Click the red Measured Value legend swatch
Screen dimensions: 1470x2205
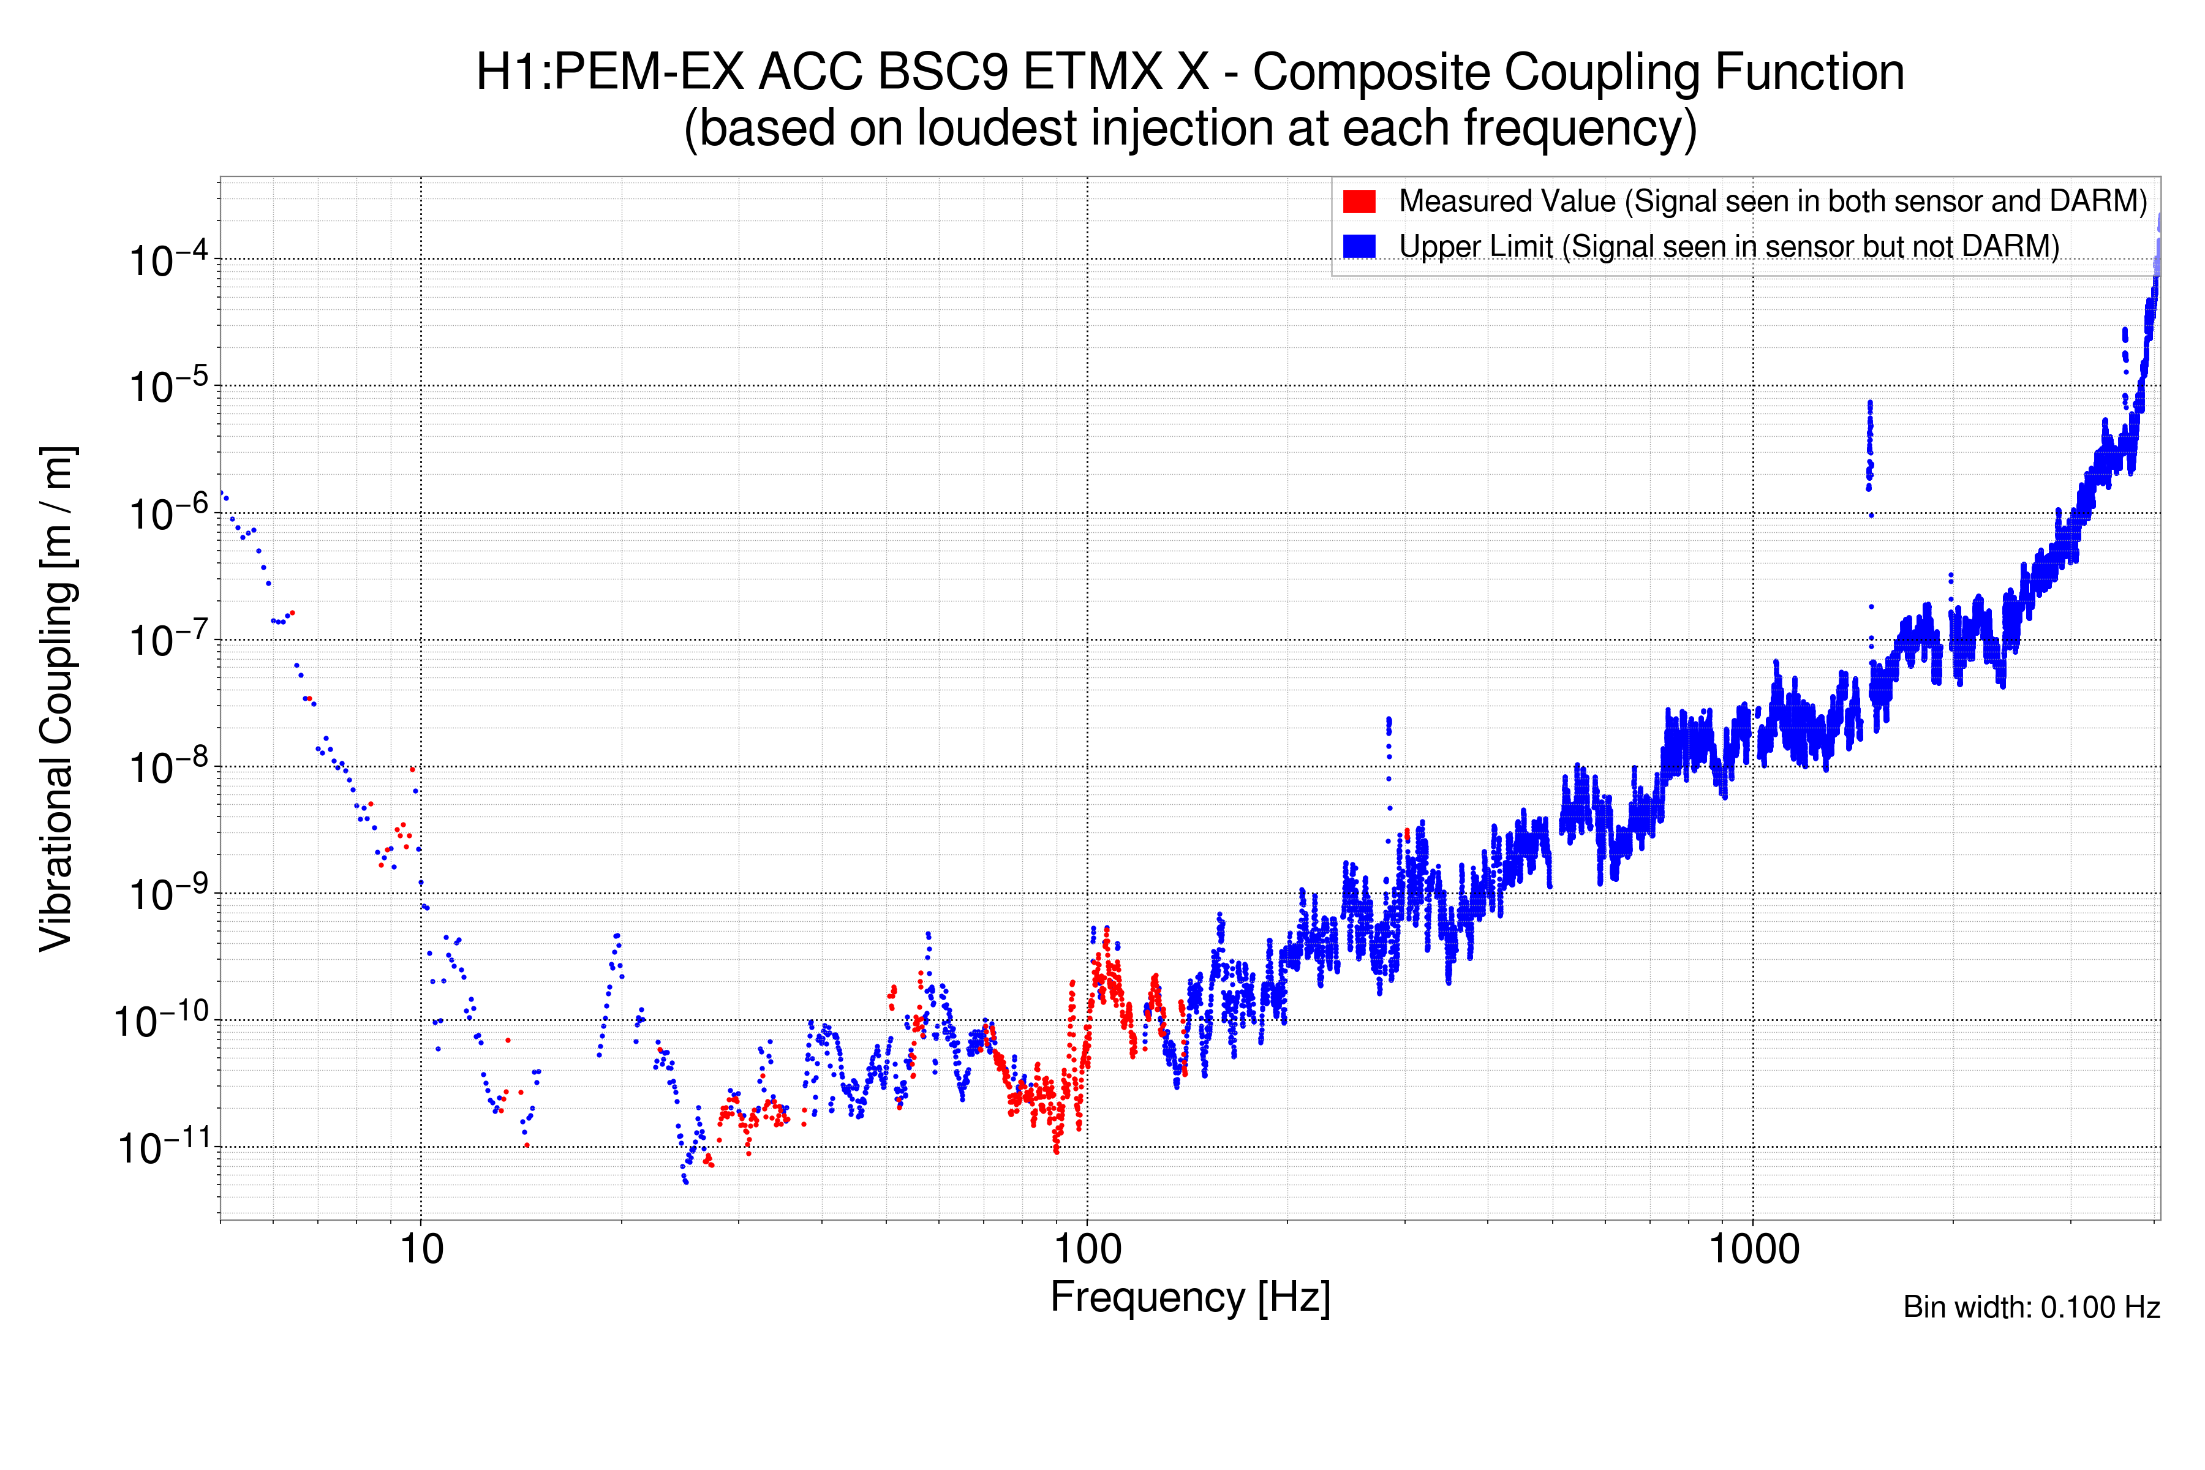(x=1359, y=202)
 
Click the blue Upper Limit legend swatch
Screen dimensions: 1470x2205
(x=1359, y=246)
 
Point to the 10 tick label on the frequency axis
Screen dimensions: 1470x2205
(x=421, y=1249)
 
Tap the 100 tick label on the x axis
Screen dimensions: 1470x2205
(x=1088, y=1249)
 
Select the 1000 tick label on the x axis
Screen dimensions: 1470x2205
(x=1753, y=1249)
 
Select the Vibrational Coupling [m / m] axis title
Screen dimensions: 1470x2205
(x=56, y=698)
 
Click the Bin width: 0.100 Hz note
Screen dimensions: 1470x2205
(x=2030, y=1307)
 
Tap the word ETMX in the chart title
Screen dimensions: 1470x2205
(x=1093, y=72)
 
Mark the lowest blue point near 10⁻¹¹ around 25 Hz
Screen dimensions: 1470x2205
(x=686, y=1182)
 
